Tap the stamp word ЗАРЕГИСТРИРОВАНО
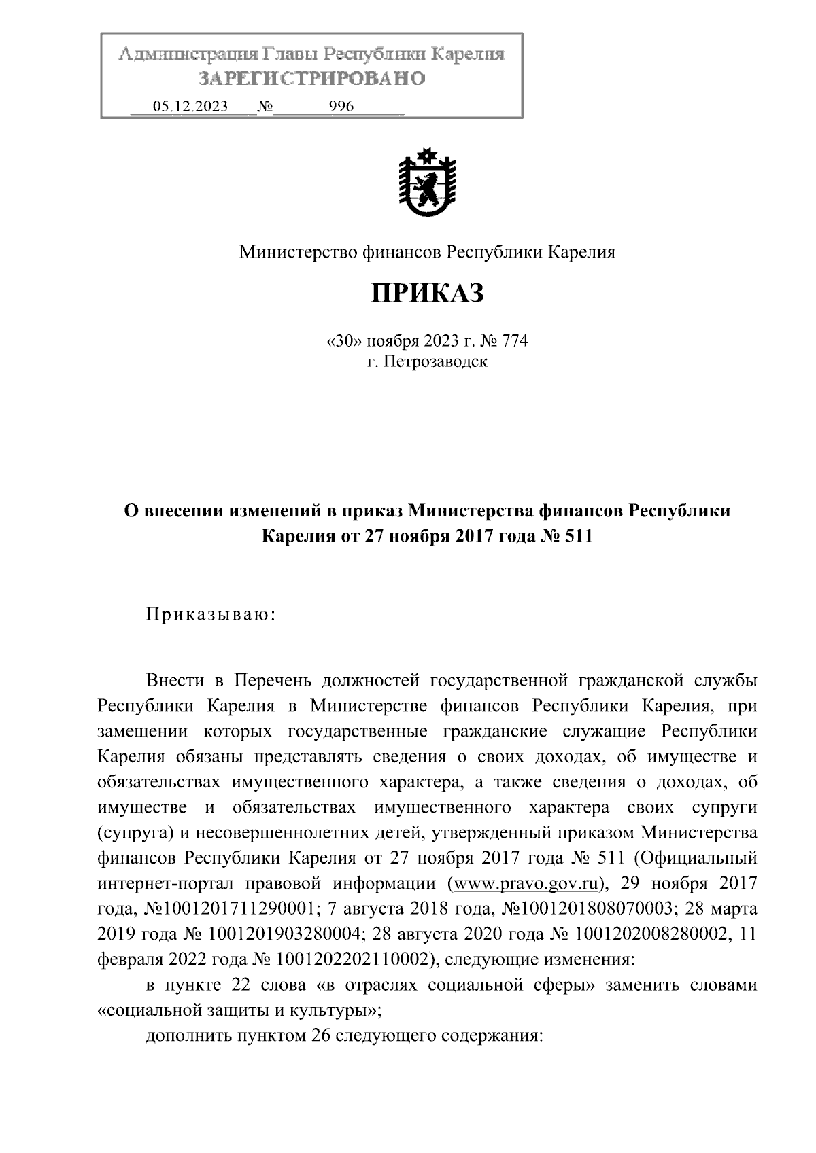312,79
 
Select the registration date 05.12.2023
190,107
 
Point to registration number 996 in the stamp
341,107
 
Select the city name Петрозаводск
436,361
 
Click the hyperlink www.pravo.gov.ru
526,884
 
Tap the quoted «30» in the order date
345,341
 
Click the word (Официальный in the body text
694,858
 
